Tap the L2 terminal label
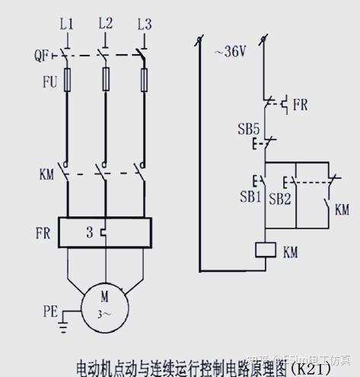105,24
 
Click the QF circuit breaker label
43,56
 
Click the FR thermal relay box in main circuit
106,233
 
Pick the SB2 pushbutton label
280,197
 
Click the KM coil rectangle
263,249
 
